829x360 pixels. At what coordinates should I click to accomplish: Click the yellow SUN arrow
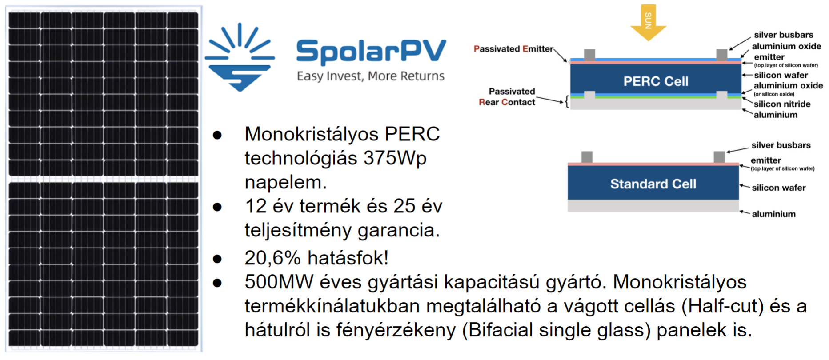click(x=648, y=23)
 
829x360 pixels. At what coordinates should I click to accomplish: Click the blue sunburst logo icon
click(x=240, y=57)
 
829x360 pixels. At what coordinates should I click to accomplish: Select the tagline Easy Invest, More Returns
click(x=371, y=76)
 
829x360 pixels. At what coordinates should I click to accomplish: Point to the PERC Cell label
click(x=656, y=81)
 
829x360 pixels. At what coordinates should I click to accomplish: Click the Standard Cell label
click(x=653, y=184)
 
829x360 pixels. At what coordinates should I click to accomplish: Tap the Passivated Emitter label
click(x=513, y=49)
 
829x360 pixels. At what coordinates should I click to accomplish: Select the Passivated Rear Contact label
click(x=507, y=96)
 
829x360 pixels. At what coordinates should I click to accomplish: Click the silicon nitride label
click(x=782, y=104)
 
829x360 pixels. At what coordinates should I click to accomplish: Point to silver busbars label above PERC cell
click(x=783, y=35)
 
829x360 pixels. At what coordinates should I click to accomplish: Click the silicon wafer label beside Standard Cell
click(x=779, y=188)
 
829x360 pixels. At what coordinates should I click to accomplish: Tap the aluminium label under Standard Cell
click(x=773, y=214)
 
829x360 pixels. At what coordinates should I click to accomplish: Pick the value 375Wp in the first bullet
click(x=395, y=158)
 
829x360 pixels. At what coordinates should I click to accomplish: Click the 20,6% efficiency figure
click(x=272, y=258)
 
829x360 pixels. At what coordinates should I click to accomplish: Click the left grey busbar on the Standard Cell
click(x=587, y=157)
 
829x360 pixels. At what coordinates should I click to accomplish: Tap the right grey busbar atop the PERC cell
click(x=722, y=55)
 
